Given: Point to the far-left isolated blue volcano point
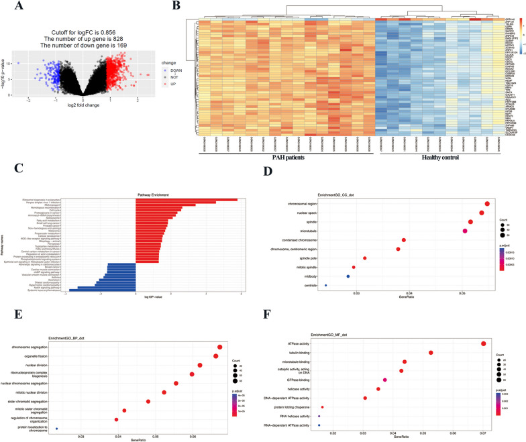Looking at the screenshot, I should pos(19,63).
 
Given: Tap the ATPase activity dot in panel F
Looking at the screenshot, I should pos(483,344).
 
